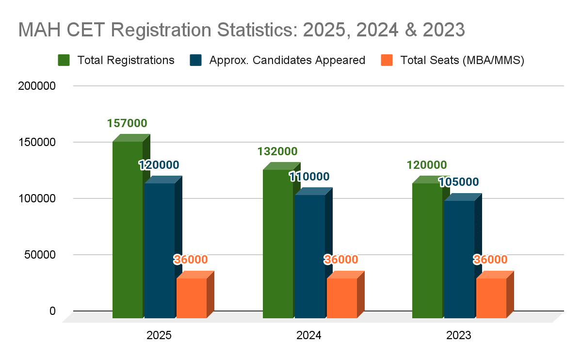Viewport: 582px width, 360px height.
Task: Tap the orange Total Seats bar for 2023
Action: pos(491,298)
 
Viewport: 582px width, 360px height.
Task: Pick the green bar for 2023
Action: pos(427,250)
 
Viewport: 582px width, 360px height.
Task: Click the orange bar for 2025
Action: pos(191,298)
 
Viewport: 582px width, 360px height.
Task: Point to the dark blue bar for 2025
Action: pos(160,250)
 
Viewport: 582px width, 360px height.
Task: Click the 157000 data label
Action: pos(127,123)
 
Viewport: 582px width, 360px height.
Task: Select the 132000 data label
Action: pos(277,151)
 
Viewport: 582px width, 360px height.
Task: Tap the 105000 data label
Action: pos(458,182)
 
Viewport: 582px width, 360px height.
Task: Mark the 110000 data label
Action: pos(309,177)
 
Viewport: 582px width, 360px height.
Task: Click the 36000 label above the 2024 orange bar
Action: pos(341,260)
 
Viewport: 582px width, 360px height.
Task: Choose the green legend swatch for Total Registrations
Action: pos(64,60)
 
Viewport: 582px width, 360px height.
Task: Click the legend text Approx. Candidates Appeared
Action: pos(287,60)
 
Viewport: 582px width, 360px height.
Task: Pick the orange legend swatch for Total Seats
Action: pos(387,60)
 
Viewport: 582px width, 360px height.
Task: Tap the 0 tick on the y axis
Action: pos(52,311)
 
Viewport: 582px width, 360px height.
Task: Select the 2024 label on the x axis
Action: pos(309,335)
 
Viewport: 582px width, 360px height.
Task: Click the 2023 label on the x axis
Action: pos(458,335)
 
